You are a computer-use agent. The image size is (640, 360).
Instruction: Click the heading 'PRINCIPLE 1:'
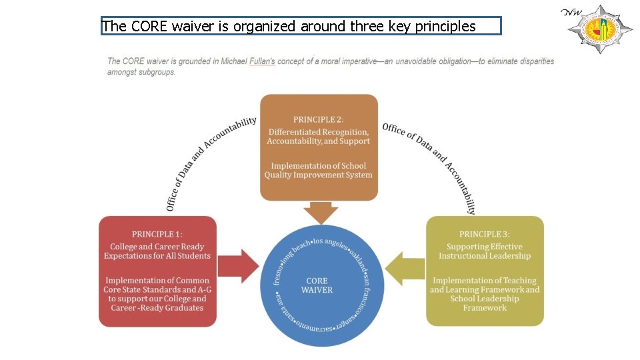(157, 234)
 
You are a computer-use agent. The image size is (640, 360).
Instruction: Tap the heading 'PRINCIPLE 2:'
(319, 119)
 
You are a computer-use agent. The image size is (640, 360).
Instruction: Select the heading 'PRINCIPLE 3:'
(485, 234)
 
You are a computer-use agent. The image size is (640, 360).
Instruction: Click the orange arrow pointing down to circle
(321, 213)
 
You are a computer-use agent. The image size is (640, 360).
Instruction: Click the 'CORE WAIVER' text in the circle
(317, 285)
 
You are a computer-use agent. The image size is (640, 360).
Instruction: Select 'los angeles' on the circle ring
(331, 243)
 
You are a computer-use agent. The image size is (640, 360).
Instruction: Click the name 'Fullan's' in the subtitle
(261, 61)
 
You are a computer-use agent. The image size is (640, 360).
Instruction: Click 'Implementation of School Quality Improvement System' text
(319, 171)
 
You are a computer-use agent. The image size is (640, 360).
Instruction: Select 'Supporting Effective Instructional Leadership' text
(485, 251)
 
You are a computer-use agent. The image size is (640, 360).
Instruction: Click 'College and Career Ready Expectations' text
(157, 251)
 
